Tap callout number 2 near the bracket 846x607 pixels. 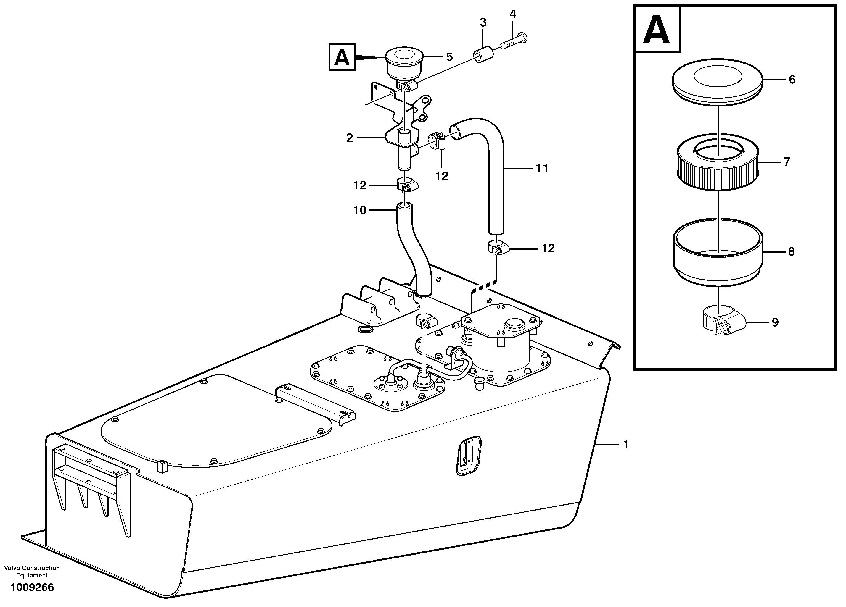(x=349, y=138)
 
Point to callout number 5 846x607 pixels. (x=449, y=57)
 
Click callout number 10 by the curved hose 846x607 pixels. (x=360, y=210)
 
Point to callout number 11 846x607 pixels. (x=542, y=169)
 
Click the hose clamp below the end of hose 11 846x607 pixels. (x=496, y=248)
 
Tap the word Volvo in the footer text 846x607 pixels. (x=12, y=568)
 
